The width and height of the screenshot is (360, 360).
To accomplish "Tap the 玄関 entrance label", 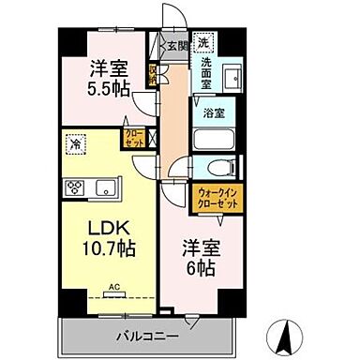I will click(178, 44).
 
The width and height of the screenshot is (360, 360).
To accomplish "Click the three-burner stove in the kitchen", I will click(74, 186).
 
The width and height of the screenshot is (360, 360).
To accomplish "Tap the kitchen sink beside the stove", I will click(105, 185).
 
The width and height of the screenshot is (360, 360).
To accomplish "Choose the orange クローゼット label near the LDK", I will click(132, 138).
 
